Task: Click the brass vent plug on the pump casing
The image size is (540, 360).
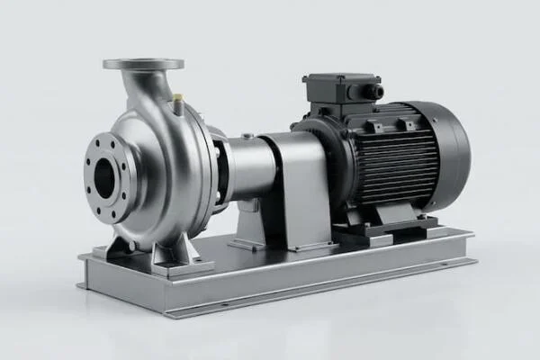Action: pyautogui.click(x=176, y=97)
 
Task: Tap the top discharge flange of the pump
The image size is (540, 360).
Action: pyautogui.click(x=143, y=64)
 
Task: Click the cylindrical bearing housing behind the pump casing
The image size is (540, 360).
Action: pyautogui.click(x=254, y=166)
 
